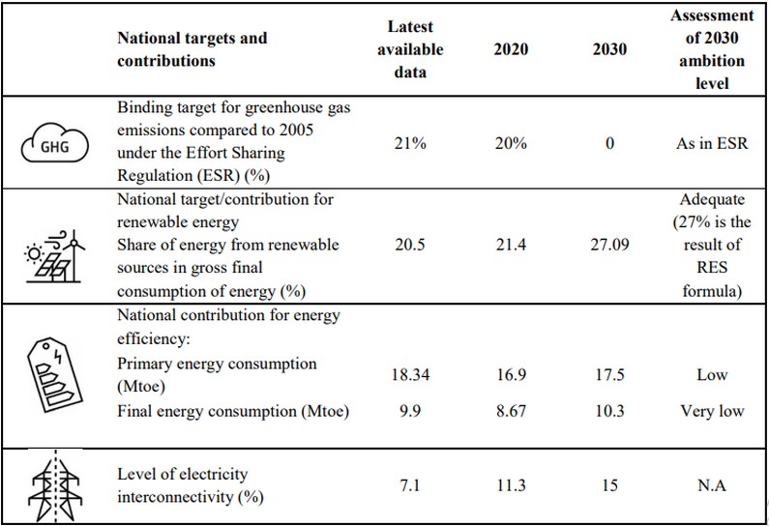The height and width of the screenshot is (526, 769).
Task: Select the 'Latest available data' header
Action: pos(406,49)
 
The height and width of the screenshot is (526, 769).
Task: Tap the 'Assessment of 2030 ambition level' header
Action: pos(711,49)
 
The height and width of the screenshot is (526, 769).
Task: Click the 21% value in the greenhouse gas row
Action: pos(405,142)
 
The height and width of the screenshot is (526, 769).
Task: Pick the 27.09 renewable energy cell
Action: pos(609,246)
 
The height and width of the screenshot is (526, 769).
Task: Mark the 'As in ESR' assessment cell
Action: pos(711,142)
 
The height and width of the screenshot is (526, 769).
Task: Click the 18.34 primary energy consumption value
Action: pos(405,374)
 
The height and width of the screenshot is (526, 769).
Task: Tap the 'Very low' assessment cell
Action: pos(711,411)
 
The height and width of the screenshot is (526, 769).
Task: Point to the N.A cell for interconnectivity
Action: pos(711,486)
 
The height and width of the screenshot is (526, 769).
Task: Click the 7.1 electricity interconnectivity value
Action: pos(405,486)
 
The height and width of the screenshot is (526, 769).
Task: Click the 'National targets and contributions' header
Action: pos(192,49)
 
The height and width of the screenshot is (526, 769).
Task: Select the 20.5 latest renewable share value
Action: pos(405,246)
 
